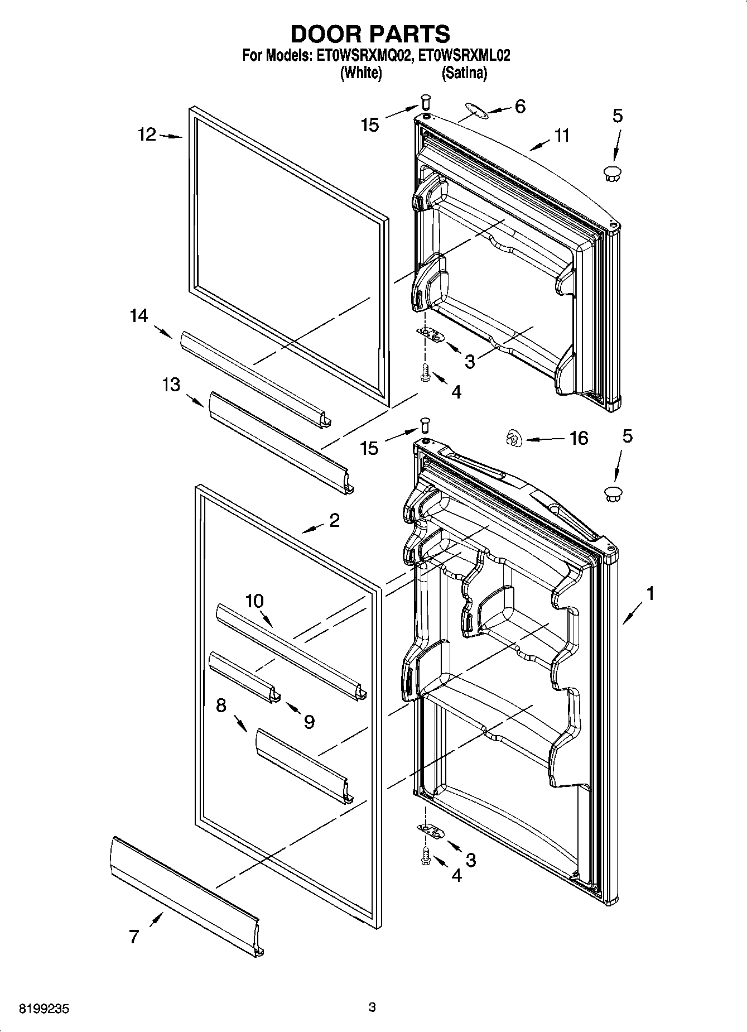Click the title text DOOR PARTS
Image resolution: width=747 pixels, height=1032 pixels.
point(370,34)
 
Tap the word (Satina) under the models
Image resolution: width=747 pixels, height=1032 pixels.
point(464,73)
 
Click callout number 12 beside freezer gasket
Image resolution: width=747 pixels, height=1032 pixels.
point(147,135)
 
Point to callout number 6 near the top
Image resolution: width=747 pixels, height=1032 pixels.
point(519,106)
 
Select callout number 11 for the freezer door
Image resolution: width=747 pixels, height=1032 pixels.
point(562,135)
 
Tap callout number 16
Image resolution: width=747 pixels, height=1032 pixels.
point(579,438)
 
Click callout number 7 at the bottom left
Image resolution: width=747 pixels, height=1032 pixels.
point(134,936)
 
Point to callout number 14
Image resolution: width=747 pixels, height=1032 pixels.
point(139,316)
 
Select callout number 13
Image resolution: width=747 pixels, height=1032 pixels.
point(171,385)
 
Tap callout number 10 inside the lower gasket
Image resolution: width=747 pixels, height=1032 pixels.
point(254,601)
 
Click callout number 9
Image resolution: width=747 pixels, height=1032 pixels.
point(309,722)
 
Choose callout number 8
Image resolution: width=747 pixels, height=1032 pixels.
point(221,705)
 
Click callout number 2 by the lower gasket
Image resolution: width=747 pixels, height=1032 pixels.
point(334,520)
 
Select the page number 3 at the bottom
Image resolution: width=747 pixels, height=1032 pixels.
point(372,1007)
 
